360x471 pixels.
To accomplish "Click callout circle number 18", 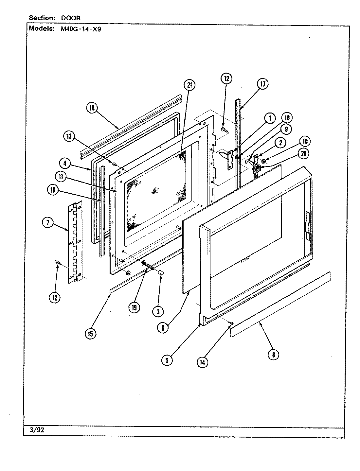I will pyautogui.click(x=92, y=108).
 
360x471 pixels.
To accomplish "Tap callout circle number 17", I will pyautogui.click(x=262, y=84).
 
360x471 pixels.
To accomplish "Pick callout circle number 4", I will pyautogui.click(x=65, y=163).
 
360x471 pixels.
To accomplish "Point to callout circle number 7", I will pyautogui.click(x=47, y=222).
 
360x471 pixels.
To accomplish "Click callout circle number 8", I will pyautogui.click(x=273, y=355).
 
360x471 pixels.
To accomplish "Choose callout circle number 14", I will pyautogui.click(x=203, y=362).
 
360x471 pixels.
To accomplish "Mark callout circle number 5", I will pyautogui.click(x=167, y=360).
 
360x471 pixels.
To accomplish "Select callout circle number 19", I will pyautogui.click(x=134, y=307).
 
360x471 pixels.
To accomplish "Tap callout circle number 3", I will pyautogui.click(x=158, y=312).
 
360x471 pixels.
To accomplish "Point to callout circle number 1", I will pyautogui.click(x=270, y=118).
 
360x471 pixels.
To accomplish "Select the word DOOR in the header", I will pyautogui.click(x=71, y=18).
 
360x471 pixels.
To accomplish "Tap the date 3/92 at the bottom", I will pyautogui.click(x=36, y=430).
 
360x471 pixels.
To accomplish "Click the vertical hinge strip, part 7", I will pyautogui.click(x=75, y=242).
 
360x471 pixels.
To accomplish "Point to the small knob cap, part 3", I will pyautogui.click(x=161, y=273).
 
